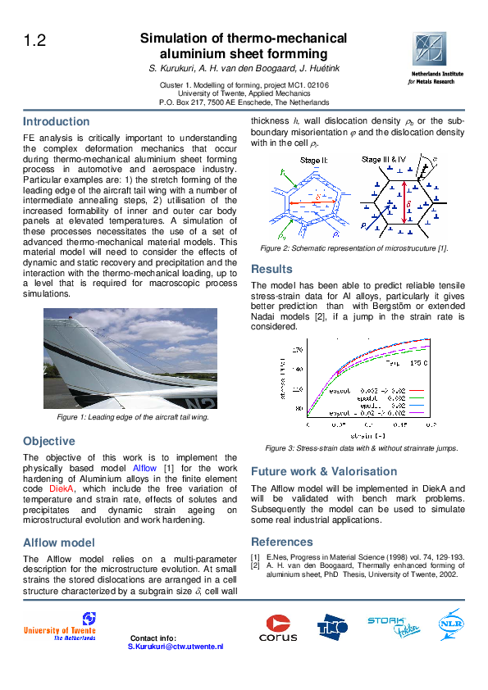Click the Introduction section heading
pyautogui.click(x=56, y=121)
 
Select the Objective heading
pyautogui.click(x=48, y=441)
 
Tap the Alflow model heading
pyautogui.click(x=58, y=542)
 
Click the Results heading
pyautogui.click(x=271, y=269)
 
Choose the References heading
pyautogui.click(x=281, y=542)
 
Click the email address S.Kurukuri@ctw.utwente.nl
pyautogui.click(x=176, y=647)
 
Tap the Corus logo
pyautogui.click(x=278, y=629)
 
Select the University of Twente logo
pyautogui.click(x=60, y=627)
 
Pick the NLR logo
pyautogui.click(x=451, y=624)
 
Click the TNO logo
pyautogui.click(x=333, y=626)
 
